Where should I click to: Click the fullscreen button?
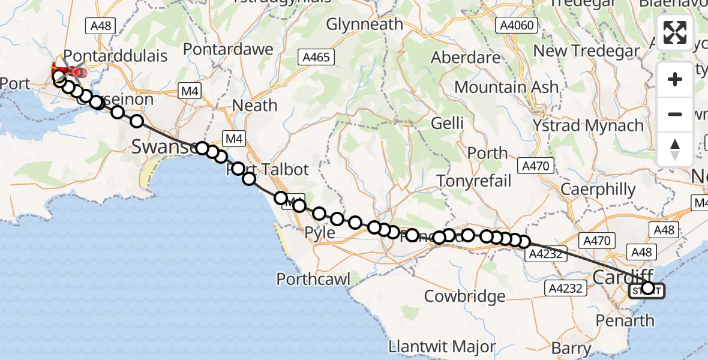675,32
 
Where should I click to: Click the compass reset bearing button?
675,149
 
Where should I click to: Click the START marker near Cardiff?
647,290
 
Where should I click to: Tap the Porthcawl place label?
313,278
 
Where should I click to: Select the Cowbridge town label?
464,296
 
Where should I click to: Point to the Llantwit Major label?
442,347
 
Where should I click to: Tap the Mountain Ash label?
506,87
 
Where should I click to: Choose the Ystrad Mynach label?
589,126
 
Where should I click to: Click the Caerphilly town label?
598,190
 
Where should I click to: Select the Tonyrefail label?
474,181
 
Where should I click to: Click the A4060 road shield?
518,25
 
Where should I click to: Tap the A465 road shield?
316,57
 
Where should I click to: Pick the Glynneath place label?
364,25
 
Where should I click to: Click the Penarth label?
625,320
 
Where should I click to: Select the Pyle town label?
320,233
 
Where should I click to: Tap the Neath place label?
254,106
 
